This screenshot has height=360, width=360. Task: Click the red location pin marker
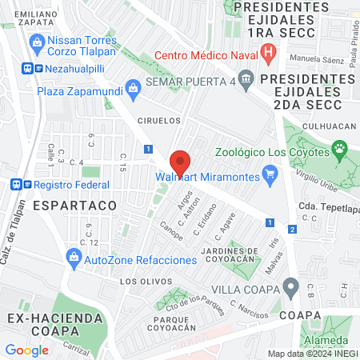point(181,162)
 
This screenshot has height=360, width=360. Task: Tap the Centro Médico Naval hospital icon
point(270,55)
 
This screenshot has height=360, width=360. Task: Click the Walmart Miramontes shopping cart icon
point(270,172)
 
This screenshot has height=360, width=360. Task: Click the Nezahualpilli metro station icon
point(27,70)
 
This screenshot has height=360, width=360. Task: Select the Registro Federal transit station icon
point(17,184)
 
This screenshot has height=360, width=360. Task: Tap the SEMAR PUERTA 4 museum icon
point(245,78)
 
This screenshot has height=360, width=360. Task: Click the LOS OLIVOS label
point(145,282)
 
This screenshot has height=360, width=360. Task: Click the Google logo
point(26,350)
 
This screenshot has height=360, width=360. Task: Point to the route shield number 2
point(293,230)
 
